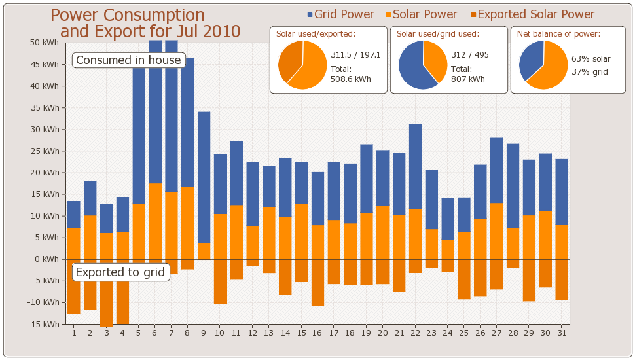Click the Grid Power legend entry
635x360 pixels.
coord(340,14)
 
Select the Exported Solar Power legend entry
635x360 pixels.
coord(532,14)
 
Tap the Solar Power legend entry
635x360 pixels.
coord(421,14)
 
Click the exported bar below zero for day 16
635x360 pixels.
coord(317,283)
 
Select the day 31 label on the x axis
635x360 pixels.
coord(561,333)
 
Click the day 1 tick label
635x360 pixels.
coord(74,333)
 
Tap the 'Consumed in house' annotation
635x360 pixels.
coord(128,60)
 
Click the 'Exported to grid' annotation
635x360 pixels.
coord(120,272)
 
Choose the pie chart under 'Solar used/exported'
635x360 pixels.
coord(302,65)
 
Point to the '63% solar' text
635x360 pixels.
coord(591,59)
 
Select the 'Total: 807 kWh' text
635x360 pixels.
coord(467,74)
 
